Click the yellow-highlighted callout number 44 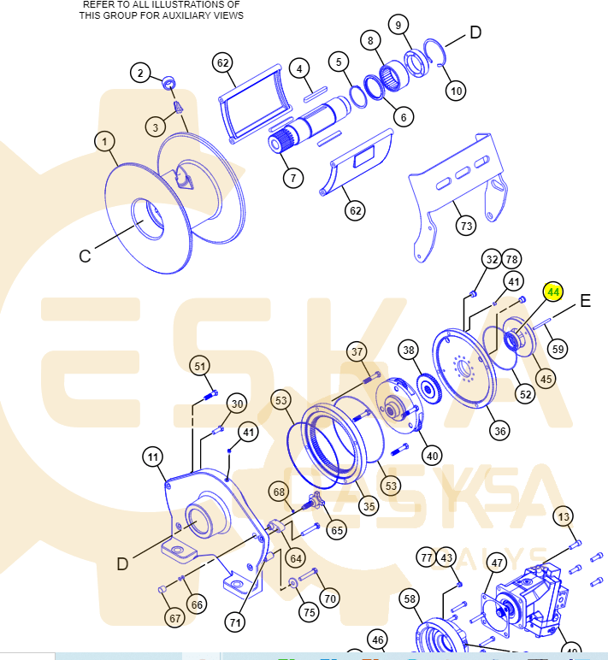tap(553, 292)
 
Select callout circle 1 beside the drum tap(104, 141)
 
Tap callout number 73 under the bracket tap(466, 226)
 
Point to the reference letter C tap(85, 256)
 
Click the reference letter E tap(586, 300)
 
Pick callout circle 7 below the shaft tap(293, 178)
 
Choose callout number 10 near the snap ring tap(456, 90)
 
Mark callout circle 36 tap(499, 429)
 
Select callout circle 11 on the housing tap(152, 458)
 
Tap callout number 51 tap(200, 366)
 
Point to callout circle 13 tap(563, 517)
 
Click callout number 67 tap(174, 618)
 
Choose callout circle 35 tap(369, 505)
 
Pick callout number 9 tap(398, 24)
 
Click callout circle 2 tap(141, 73)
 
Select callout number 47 tap(497, 563)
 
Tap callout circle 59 tap(558, 349)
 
